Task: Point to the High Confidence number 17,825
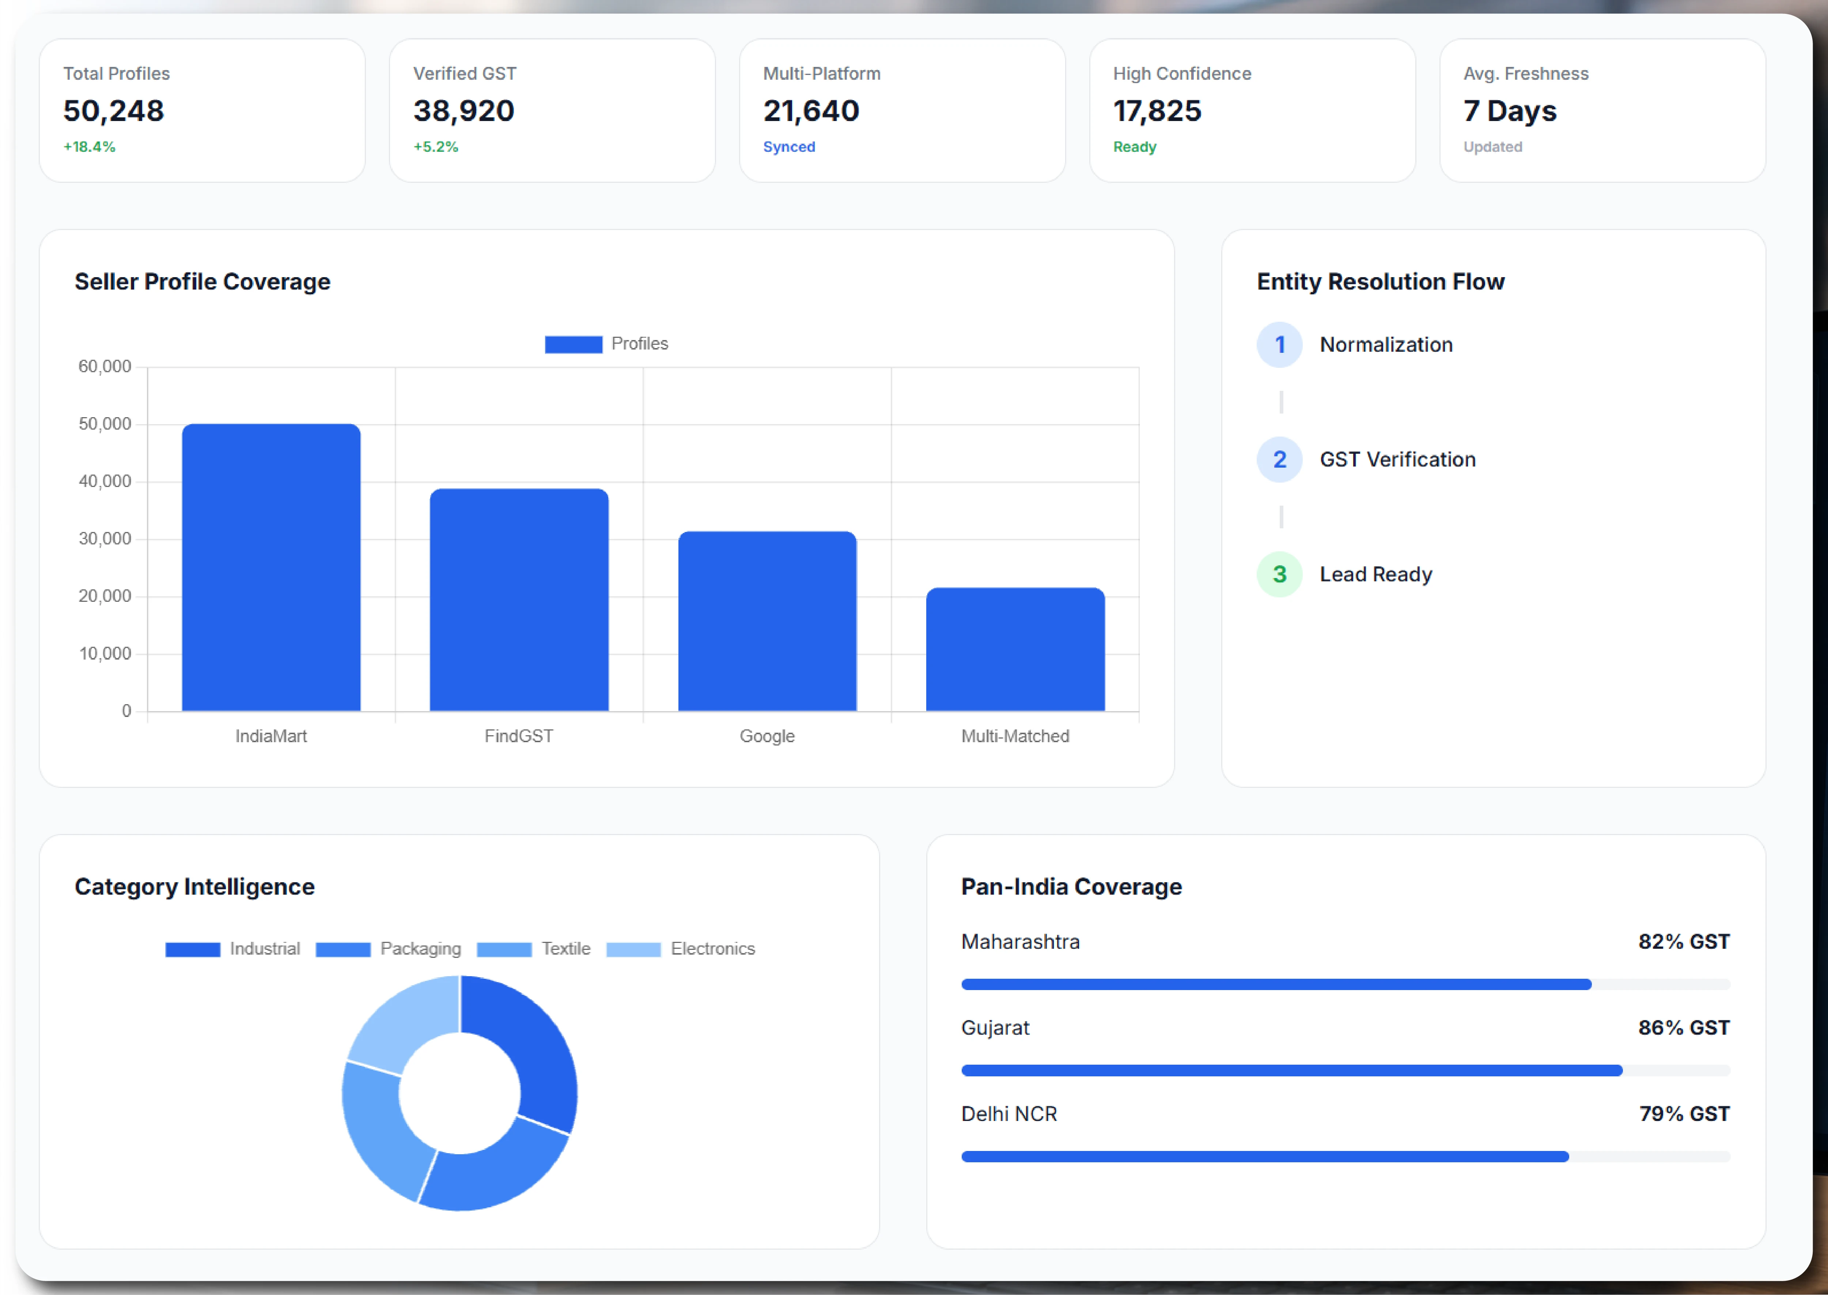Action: tap(1157, 111)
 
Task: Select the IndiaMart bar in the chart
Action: tap(271, 567)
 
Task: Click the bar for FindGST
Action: tap(519, 600)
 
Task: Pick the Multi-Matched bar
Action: tap(1015, 649)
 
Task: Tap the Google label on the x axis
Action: tap(767, 736)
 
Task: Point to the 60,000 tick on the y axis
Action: tap(105, 367)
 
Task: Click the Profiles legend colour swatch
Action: tap(573, 344)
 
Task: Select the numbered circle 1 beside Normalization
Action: tap(1279, 344)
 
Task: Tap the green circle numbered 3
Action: tap(1279, 574)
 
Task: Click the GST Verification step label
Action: tap(1397, 459)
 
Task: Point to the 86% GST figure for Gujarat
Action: tap(1684, 1028)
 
